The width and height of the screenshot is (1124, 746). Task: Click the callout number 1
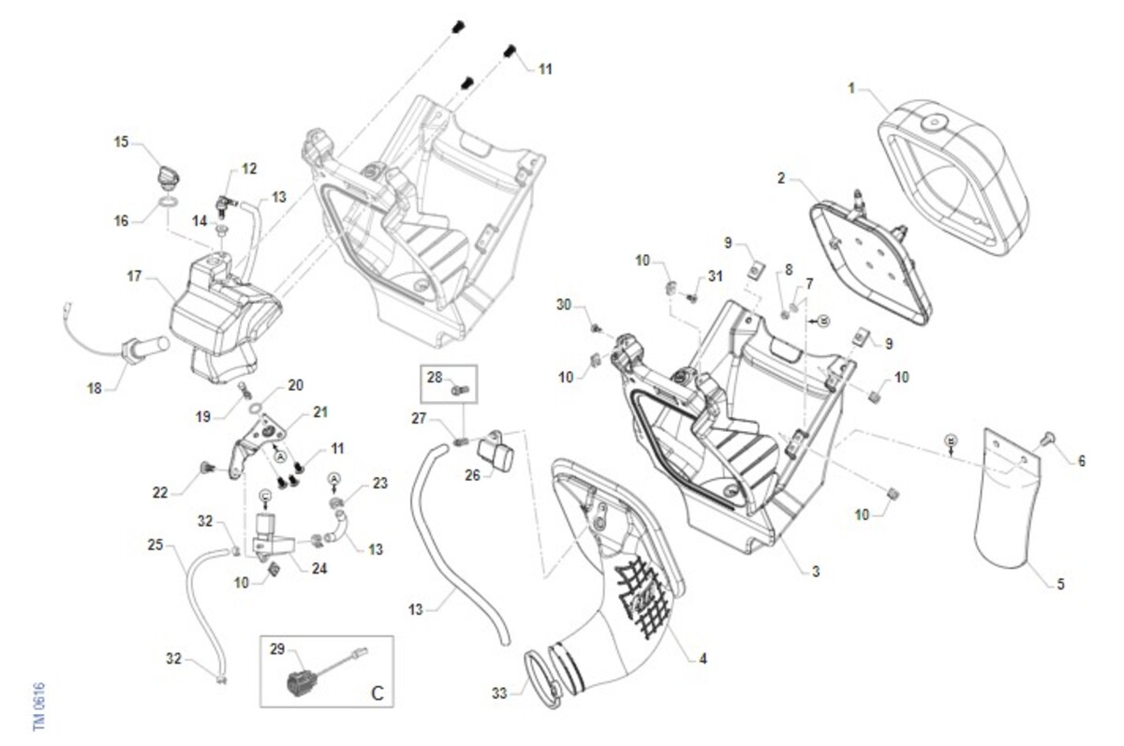[851, 90]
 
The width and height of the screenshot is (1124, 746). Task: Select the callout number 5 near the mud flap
[1060, 585]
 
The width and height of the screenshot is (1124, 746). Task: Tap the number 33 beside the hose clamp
[500, 694]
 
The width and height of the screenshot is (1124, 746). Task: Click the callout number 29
[277, 649]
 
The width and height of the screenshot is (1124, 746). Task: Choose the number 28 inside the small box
[434, 377]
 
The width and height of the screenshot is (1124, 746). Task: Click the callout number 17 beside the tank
[134, 277]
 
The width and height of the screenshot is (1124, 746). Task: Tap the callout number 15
[121, 142]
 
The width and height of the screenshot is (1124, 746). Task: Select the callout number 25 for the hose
[155, 544]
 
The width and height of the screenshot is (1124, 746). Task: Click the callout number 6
[1082, 461]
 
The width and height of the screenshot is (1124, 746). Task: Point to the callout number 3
[816, 571]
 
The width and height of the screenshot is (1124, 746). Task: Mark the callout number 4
[702, 659]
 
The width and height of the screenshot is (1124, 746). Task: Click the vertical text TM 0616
[39, 708]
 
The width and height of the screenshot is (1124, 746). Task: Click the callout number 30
[564, 306]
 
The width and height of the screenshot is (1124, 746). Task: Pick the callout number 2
[782, 176]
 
